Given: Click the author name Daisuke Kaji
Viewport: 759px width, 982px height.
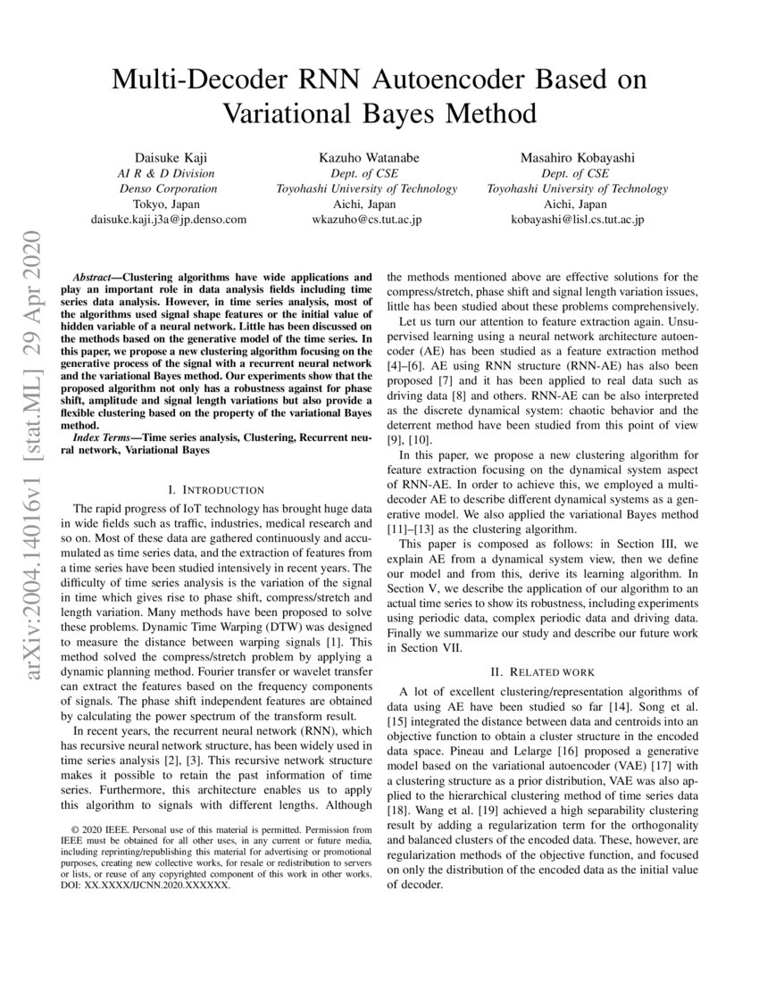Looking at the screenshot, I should coord(169,157).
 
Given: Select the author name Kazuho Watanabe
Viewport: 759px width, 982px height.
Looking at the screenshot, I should coord(366,157).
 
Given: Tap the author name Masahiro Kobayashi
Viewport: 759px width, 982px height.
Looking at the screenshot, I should coord(577,157).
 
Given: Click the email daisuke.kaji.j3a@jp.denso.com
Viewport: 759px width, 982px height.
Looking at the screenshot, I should coord(169,219).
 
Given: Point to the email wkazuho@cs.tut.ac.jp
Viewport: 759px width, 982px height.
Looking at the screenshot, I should coord(366,219).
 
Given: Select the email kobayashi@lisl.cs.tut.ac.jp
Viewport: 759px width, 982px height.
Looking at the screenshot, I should coord(577,219).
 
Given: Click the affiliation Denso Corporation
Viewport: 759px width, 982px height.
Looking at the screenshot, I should coord(169,188).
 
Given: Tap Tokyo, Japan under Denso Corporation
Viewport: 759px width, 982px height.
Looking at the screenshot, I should coord(169,204).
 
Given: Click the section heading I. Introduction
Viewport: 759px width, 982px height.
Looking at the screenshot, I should coord(216,489).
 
